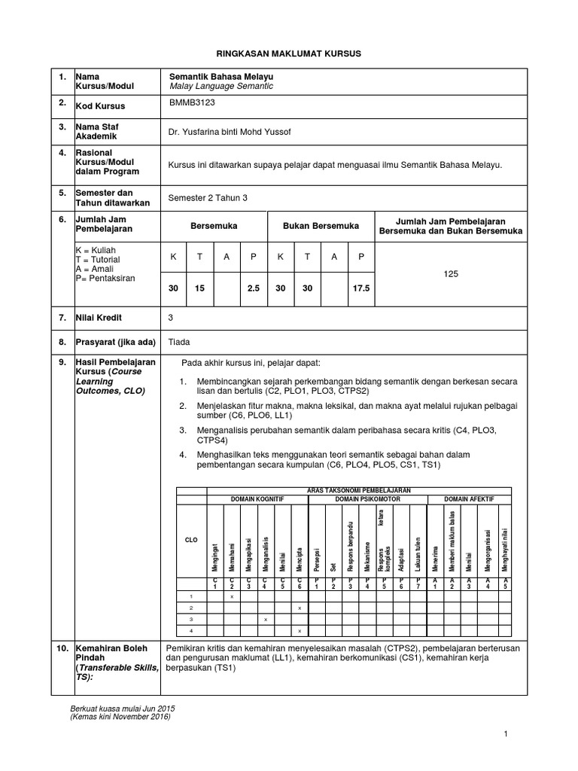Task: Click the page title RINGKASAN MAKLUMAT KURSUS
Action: click(x=289, y=54)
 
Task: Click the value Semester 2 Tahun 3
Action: click(x=207, y=197)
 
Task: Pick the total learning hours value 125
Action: click(x=451, y=275)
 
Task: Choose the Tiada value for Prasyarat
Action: click(x=179, y=341)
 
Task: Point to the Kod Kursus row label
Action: click(x=100, y=106)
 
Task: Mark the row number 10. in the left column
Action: click(x=59, y=647)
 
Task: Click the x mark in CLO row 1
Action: click(x=232, y=596)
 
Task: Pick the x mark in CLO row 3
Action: click(x=266, y=618)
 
